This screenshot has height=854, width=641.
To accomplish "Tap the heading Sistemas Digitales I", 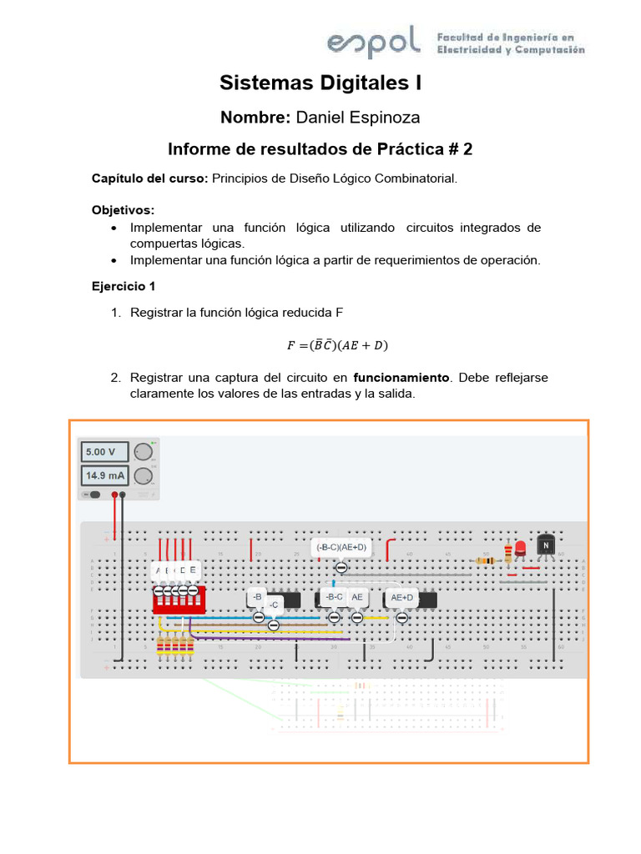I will [320, 83].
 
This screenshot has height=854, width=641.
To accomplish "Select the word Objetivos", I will [122, 209].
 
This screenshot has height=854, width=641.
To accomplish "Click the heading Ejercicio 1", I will [124, 286].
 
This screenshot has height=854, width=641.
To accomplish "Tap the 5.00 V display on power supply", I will [104, 453].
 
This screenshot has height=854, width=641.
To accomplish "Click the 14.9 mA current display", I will [104, 476].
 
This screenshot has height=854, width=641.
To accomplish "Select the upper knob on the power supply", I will [144, 452].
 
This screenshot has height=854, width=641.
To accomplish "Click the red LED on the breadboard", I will [520, 549].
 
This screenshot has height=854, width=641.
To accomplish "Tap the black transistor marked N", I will [546, 545].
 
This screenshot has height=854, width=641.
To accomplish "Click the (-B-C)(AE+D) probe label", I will [341, 547].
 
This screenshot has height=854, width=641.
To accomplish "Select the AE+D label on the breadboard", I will [401, 597].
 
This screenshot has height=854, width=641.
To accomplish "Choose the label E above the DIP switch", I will [193, 570].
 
